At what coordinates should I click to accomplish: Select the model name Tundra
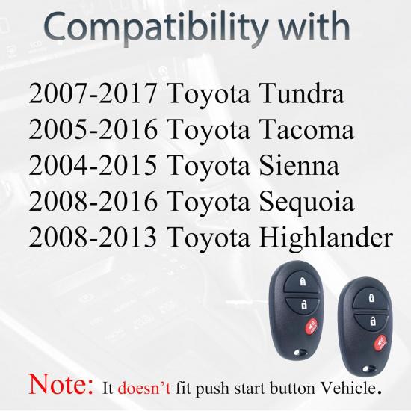pos(297,95)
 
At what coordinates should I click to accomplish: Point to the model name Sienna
pos(294,167)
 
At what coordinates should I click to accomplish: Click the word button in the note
pos(294,387)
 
